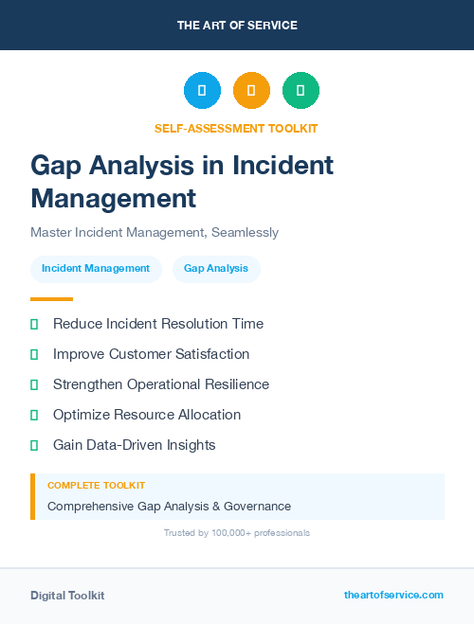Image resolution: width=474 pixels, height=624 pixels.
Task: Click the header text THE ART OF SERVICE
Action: pos(237,26)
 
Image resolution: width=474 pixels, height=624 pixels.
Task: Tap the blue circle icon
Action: pos(202,91)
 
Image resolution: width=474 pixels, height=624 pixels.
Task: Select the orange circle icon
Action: pos(251,91)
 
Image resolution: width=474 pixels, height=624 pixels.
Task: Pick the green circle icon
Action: pos(301,91)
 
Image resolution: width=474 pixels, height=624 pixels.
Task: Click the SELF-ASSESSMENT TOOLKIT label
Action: pos(236,128)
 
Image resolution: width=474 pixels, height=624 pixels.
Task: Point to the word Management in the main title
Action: pos(114,198)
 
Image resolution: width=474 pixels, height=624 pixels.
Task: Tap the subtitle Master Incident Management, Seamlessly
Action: pos(155,232)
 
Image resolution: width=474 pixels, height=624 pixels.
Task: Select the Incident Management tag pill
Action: pos(96,269)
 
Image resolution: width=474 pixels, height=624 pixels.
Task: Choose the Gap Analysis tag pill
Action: pos(216,269)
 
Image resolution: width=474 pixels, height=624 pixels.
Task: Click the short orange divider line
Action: pos(51,298)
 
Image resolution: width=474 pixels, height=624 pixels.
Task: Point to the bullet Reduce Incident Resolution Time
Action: pos(158,324)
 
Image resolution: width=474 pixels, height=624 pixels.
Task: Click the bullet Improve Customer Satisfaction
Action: pos(152,354)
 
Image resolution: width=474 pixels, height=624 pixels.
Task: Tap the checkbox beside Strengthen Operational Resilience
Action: pos(34,384)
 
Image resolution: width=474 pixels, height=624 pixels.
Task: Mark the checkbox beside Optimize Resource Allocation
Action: pos(34,415)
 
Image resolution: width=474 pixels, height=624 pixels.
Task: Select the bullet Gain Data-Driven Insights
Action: pos(135,445)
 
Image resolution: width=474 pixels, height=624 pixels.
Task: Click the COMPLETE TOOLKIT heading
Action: pos(96,485)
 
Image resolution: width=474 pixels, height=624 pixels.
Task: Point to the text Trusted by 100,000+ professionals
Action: pos(237,533)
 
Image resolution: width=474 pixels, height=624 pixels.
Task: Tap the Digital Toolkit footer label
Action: pos(67,596)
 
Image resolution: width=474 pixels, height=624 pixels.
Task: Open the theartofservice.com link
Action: pos(393,595)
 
